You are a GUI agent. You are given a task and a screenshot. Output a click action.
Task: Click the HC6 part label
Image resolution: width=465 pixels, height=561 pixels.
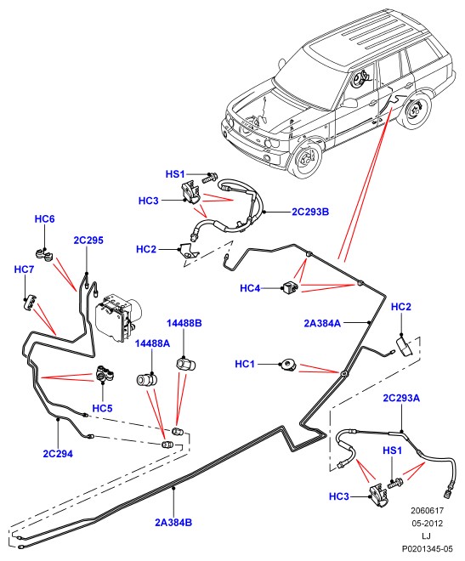click(x=45, y=219)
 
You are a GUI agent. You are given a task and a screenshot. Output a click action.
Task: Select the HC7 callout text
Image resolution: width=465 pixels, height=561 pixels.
click(x=24, y=269)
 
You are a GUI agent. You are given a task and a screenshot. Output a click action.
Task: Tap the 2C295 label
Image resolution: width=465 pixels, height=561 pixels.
click(x=88, y=240)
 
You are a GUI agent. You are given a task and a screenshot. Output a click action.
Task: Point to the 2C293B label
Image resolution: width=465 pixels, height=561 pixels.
click(x=310, y=212)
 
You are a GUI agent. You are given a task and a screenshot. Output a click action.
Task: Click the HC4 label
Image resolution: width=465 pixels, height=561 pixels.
click(x=250, y=288)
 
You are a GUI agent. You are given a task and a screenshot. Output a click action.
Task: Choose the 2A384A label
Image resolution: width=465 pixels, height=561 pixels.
click(x=322, y=323)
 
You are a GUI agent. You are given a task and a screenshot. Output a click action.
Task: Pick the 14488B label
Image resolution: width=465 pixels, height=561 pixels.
click(x=184, y=323)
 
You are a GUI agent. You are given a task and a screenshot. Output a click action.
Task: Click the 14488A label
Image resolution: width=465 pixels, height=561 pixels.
click(x=152, y=343)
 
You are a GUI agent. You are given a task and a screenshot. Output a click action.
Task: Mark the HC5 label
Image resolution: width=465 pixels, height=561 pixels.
click(x=102, y=408)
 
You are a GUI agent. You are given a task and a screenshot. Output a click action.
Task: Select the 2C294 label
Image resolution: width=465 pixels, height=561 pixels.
click(x=58, y=454)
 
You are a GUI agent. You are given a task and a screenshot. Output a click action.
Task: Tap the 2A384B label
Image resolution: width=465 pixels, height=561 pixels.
click(x=173, y=523)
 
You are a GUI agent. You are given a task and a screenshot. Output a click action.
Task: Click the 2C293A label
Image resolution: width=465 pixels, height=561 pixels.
click(x=401, y=398)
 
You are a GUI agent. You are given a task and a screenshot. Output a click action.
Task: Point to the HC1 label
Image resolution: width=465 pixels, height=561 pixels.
click(x=245, y=364)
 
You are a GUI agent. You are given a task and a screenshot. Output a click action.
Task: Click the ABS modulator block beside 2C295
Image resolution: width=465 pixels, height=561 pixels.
click(x=119, y=315)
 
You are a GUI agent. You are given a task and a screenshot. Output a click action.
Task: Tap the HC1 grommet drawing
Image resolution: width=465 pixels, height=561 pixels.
click(x=288, y=365)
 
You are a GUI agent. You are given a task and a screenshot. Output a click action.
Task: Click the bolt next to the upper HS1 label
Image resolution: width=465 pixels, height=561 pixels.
click(x=210, y=177)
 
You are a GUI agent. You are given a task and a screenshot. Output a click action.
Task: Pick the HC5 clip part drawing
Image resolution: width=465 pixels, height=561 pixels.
click(x=104, y=374)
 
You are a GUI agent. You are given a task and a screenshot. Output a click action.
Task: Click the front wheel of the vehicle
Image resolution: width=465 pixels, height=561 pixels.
click(x=307, y=160)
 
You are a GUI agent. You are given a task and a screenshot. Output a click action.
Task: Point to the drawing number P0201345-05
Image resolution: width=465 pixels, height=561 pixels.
click(x=427, y=548)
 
